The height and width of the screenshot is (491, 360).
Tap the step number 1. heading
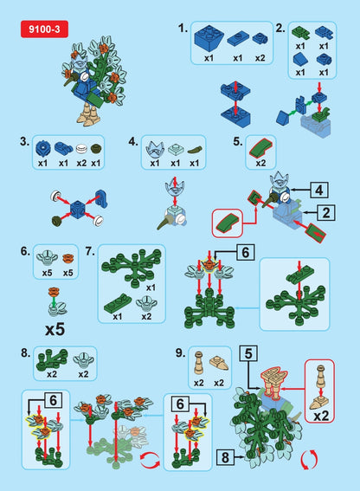click(x=183, y=28)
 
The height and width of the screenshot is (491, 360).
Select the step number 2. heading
click(x=280, y=28)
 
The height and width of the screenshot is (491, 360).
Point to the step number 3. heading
click(x=24, y=140)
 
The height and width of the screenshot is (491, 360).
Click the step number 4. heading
click(x=132, y=140)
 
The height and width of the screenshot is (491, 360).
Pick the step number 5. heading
click(x=237, y=140)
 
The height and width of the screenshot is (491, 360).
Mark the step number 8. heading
click(x=24, y=352)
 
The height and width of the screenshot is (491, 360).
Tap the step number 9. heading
click(x=180, y=352)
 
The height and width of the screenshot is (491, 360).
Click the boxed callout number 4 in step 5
click(x=320, y=188)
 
